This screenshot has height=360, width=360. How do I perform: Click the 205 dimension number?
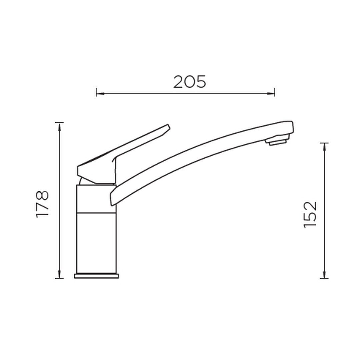point(190,82)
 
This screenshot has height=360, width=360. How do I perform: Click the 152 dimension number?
point(310,215)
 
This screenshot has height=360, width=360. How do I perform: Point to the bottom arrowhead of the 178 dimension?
point(59,274)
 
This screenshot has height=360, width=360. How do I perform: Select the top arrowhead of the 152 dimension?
point(324,147)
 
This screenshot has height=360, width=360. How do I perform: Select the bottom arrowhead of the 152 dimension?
point(324,274)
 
